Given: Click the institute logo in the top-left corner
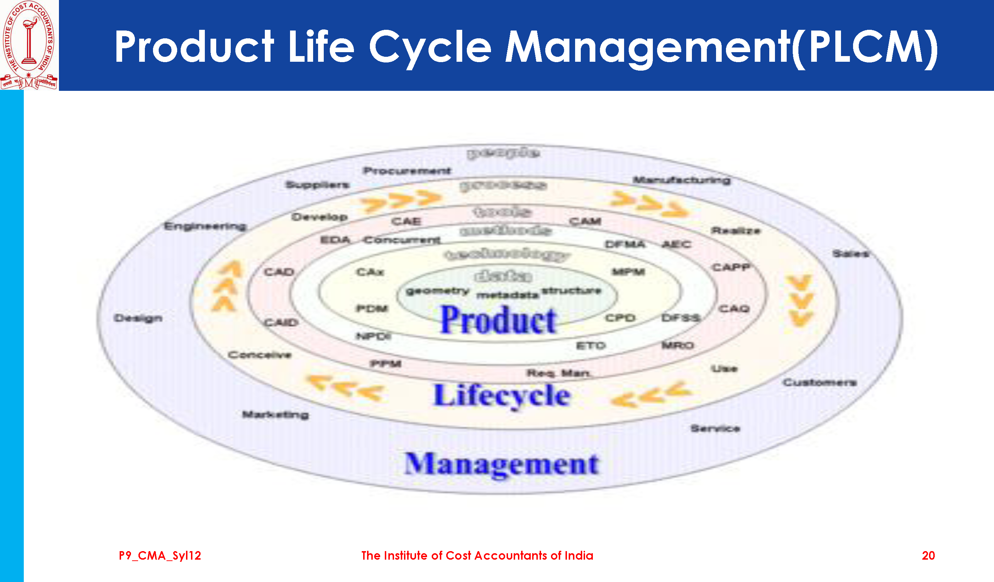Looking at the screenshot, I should pyautogui.click(x=29, y=45).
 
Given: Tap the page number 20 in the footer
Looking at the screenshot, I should pyautogui.click(x=928, y=556).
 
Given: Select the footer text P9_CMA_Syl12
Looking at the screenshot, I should pyautogui.click(x=160, y=556).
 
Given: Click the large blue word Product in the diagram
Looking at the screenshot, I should pyautogui.click(x=498, y=320).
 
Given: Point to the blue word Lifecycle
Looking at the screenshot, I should pyautogui.click(x=502, y=395).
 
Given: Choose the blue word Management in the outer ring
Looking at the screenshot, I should pyautogui.click(x=501, y=464).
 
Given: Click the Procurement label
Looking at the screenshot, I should pyautogui.click(x=407, y=171).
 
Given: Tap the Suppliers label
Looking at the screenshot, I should pyautogui.click(x=317, y=185).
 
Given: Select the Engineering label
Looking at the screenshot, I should pyautogui.click(x=205, y=226).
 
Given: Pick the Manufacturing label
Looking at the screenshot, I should pyautogui.click(x=682, y=180).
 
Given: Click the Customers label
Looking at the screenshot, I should pyautogui.click(x=820, y=382).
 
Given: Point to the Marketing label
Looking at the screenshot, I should pyautogui.click(x=275, y=414).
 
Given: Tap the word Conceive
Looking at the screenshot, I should pyautogui.click(x=260, y=355).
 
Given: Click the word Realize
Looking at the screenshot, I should pyautogui.click(x=736, y=231).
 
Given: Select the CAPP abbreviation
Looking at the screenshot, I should pyautogui.click(x=731, y=267).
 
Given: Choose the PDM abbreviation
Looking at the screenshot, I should pyautogui.click(x=372, y=308).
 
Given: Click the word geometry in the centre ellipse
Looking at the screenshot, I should pyautogui.click(x=437, y=291).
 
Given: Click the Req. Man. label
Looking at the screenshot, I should pyautogui.click(x=559, y=373).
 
